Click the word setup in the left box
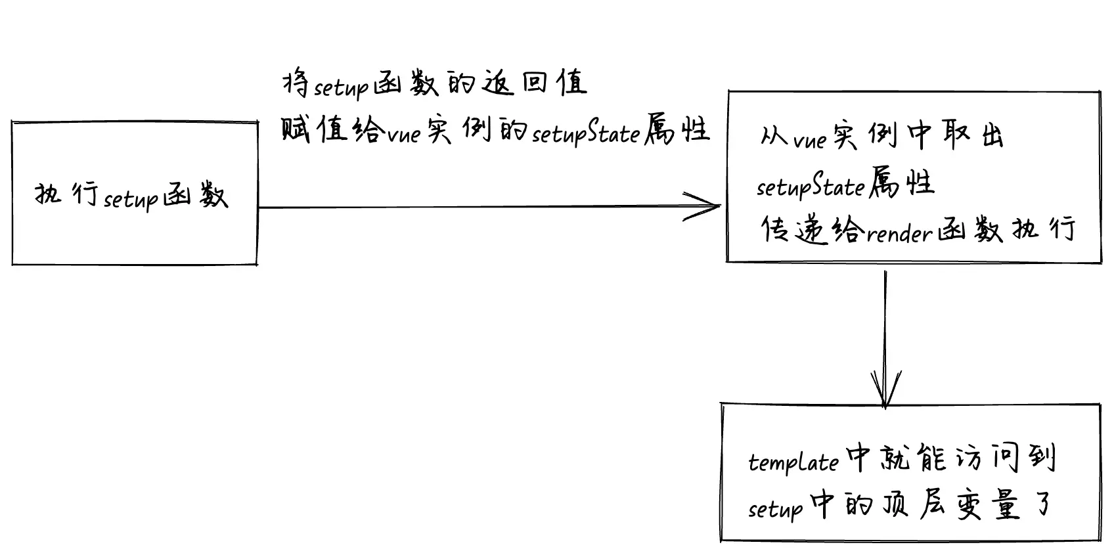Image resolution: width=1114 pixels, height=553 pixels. pos(131,198)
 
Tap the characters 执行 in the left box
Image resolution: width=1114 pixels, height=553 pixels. pos(66,194)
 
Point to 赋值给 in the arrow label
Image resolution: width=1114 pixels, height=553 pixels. pos(332,130)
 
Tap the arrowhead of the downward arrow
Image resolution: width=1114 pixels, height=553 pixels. pos(885,394)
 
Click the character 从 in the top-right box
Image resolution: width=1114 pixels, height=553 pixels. pos(773,137)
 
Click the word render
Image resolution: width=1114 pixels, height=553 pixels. pos(899,234)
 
